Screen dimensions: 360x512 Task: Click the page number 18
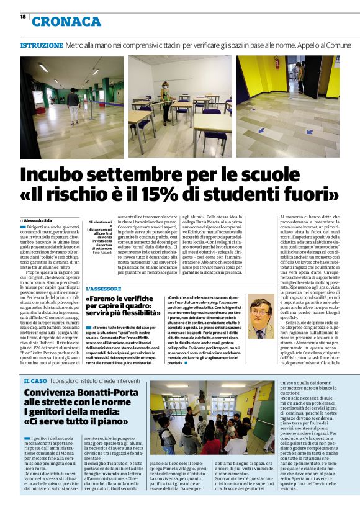(24, 18)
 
